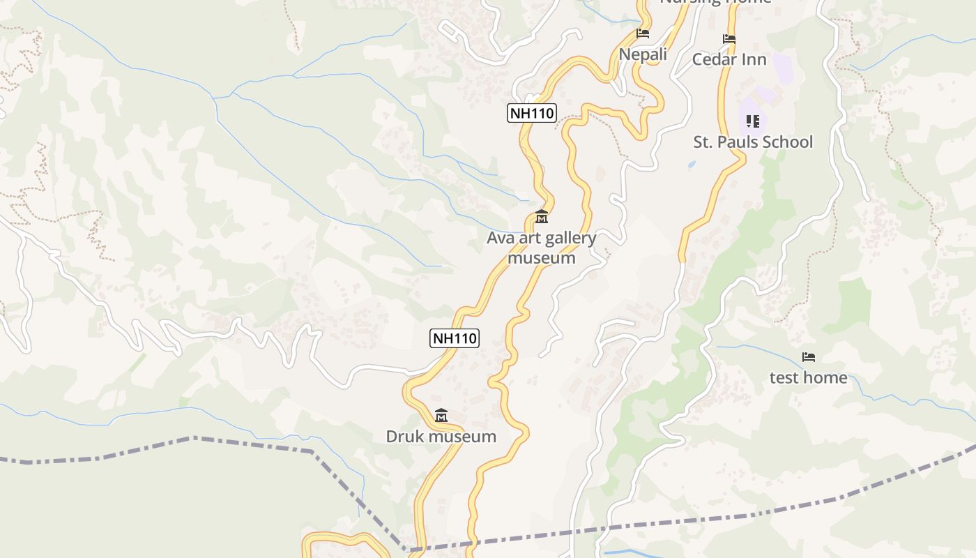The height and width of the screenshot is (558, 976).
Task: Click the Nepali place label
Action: tap(643, 54)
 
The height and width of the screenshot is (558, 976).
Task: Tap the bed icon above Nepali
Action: tap(643, 33)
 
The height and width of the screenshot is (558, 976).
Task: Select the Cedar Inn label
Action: tap(729, 59)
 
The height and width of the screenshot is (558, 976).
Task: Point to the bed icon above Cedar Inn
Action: tap(729, 39)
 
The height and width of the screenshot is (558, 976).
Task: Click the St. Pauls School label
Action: tap(753, 142)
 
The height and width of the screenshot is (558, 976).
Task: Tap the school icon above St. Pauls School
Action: tap(753, 121)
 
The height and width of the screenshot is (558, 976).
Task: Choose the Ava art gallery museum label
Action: tap(542, 248)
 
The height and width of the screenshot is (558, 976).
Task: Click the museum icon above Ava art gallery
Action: tap(542, 217)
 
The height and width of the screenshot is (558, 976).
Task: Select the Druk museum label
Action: tap(441, 437)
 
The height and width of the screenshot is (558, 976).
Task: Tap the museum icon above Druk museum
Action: tap(441, 416)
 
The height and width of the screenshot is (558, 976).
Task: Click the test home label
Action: tap(809, 377)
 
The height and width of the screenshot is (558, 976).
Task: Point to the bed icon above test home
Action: tap(809, 357)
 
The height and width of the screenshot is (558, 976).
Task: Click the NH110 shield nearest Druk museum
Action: tap(454, 338)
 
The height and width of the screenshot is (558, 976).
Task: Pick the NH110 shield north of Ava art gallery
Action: tap(532, 113)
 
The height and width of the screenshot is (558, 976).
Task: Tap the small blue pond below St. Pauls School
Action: tap(691, 165)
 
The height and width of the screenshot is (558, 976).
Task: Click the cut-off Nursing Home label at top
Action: tap(715, 2)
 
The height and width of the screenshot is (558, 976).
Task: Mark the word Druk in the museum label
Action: tap(404, 437)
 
